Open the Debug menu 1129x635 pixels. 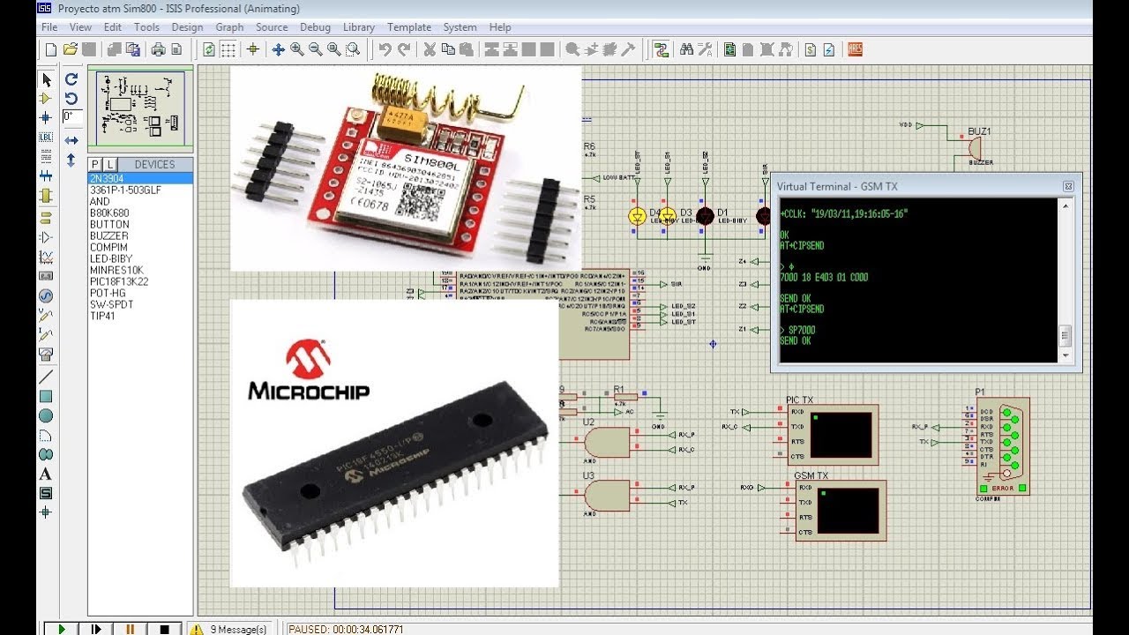coord(315,27)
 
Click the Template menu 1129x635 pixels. coord(409,27)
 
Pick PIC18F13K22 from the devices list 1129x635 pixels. coord(118,281)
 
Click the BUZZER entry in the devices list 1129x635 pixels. coord(108,235)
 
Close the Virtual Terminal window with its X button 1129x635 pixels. coord(1068,186)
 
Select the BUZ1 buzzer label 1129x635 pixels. coord(979,131)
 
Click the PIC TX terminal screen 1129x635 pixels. coord(841,434)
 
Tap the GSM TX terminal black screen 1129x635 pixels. coord(848,510)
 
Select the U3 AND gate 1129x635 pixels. coord(609,495)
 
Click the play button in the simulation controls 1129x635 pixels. coord(62,629)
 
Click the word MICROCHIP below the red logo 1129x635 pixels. coord(309,391)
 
